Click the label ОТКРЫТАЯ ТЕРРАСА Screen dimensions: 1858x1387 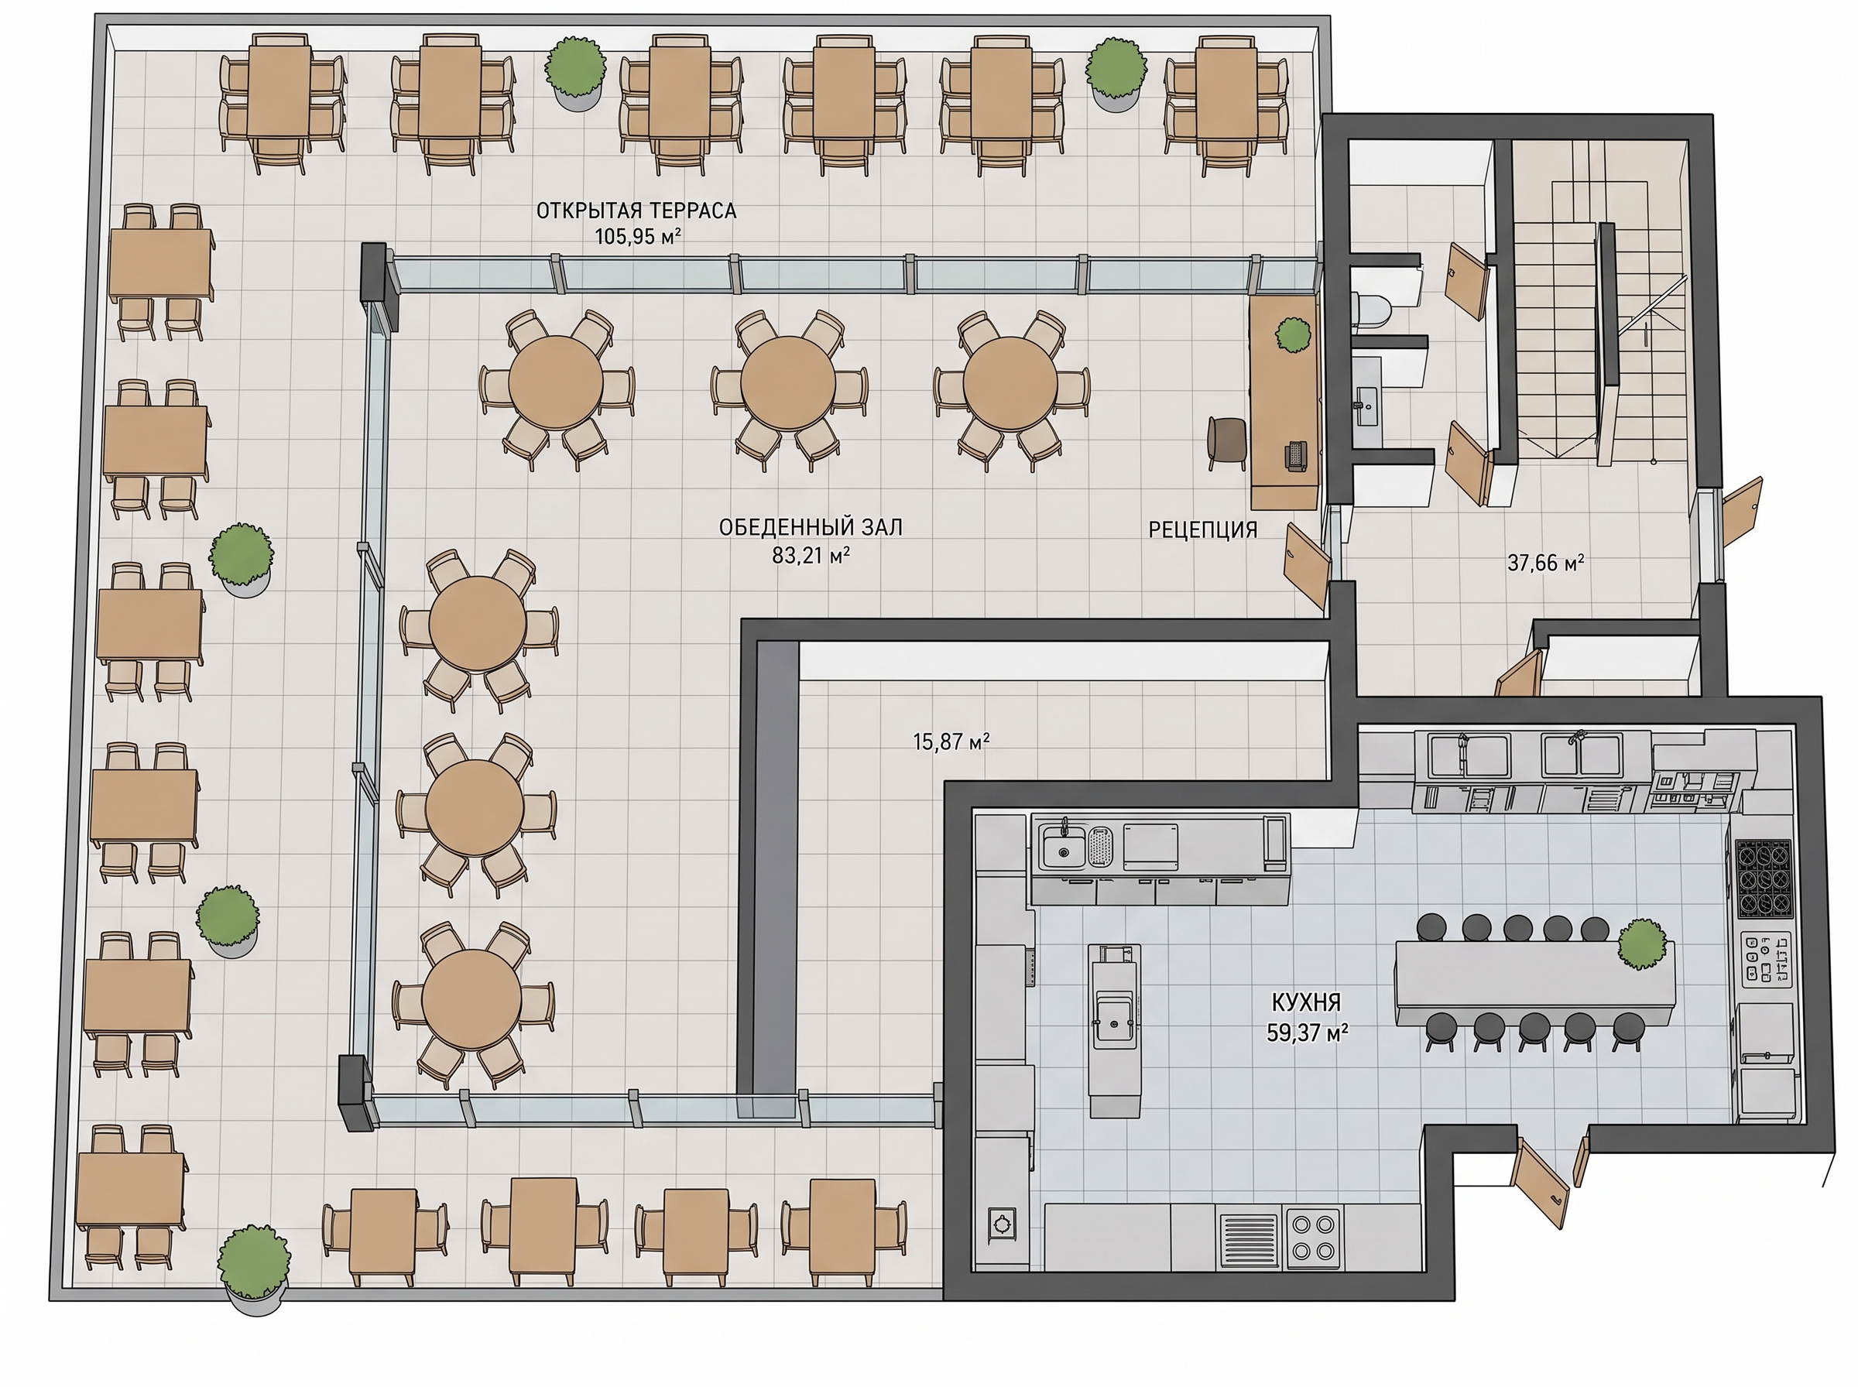(x=636, y=210)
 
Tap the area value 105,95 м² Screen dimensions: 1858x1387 (x=637, y=236)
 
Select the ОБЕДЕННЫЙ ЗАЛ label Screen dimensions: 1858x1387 (x=811, y=527)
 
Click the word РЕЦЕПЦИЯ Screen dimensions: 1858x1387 (x=1202, y=529)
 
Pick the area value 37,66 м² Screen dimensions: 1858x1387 (x=1544, y=563)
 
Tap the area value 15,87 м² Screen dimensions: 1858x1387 (x=951, y=741)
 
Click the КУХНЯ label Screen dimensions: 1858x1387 (x=1305, y=1002)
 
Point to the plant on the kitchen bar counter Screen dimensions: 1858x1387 (x=1642, y=944)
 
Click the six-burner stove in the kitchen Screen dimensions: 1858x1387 (x=1763, y=878)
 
